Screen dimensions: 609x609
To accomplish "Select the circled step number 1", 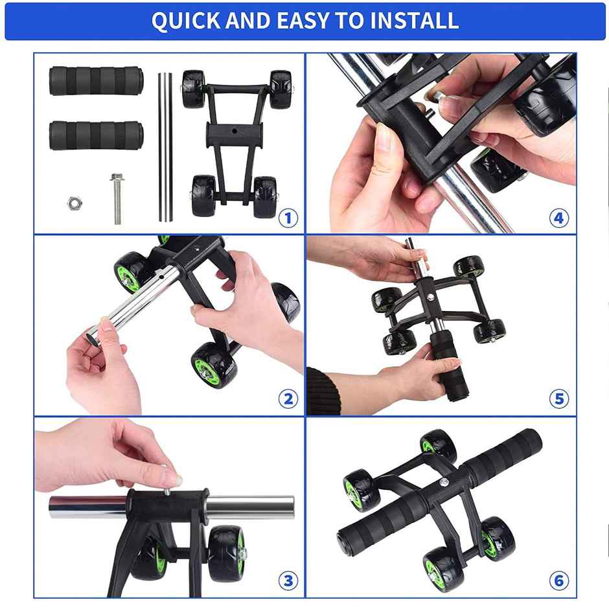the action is click(288, 218).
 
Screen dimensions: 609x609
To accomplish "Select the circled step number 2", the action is click(288, 399).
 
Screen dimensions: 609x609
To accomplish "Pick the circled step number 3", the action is click(288, 580).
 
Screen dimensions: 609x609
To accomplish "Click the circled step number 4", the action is click(559, 218).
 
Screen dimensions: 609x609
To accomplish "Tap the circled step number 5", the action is click(559, 399).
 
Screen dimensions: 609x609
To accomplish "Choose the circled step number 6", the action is click(559, 580).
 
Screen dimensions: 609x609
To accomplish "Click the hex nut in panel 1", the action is click(75, 203).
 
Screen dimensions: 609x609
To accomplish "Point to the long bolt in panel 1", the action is click(117, 199).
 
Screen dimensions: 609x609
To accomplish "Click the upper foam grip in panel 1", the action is click(97, 81).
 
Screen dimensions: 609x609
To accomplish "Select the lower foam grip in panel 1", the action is click(97, 135).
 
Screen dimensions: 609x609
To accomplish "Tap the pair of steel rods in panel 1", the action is click(165, 147).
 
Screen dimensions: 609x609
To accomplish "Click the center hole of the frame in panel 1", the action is click(234, 131).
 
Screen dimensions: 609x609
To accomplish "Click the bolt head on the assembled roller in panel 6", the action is click(444, 482).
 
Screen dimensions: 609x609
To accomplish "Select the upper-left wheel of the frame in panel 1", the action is click(194, 89).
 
